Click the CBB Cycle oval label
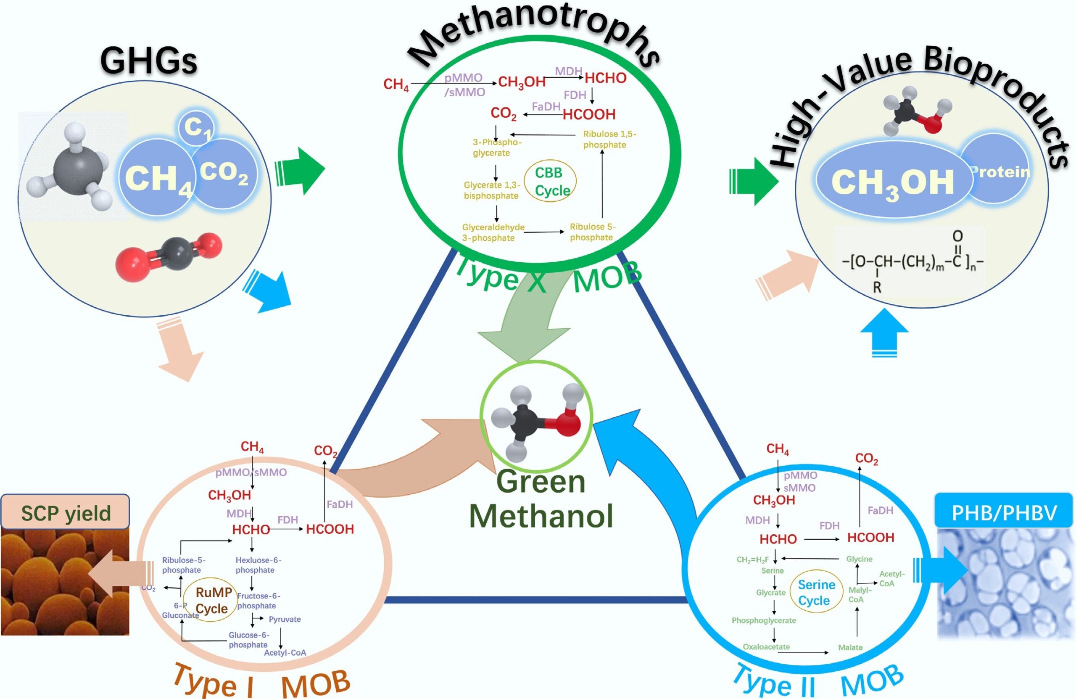550,181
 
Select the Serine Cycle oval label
814,592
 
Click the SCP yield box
65,513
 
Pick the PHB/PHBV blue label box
1003,513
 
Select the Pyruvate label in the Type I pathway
285,619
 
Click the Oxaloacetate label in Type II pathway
766,646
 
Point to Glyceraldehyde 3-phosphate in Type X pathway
493,232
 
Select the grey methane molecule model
72,167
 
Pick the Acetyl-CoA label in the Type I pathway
285,652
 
